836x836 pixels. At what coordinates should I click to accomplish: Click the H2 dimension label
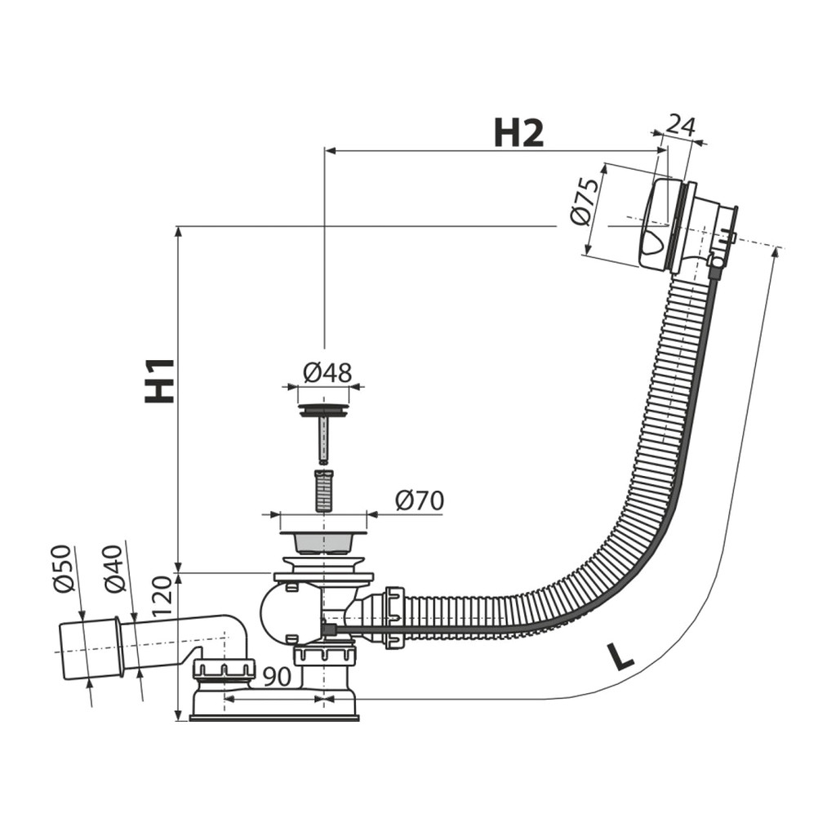pyautogui.click(x=518, y=133)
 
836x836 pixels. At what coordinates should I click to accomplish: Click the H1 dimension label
pyautogui.click(x=159, y=380)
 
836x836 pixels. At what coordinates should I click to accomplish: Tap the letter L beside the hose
pyautogui.click(x=619, y=656)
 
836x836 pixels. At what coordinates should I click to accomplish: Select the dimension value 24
pyautogui.click(x=682, y=127)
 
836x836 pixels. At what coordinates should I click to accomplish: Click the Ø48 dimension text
pyautogui.click(x=327, y=372)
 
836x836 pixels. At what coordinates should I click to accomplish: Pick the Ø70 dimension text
pyautogui.click(x=420, y=500)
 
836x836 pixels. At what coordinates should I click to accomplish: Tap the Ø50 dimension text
pyautogui.click(x=62, y=568)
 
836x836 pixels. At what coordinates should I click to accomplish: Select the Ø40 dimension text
pyautogui.click(x=114, y=569)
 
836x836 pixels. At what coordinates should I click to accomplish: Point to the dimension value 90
pyautogui.click(x=278, y=677)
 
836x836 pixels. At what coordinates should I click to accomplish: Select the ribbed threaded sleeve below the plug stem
pyautogui.click(x=323, y=490)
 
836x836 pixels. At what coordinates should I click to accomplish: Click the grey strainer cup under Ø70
pyautogui.click(x=323, y=543)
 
